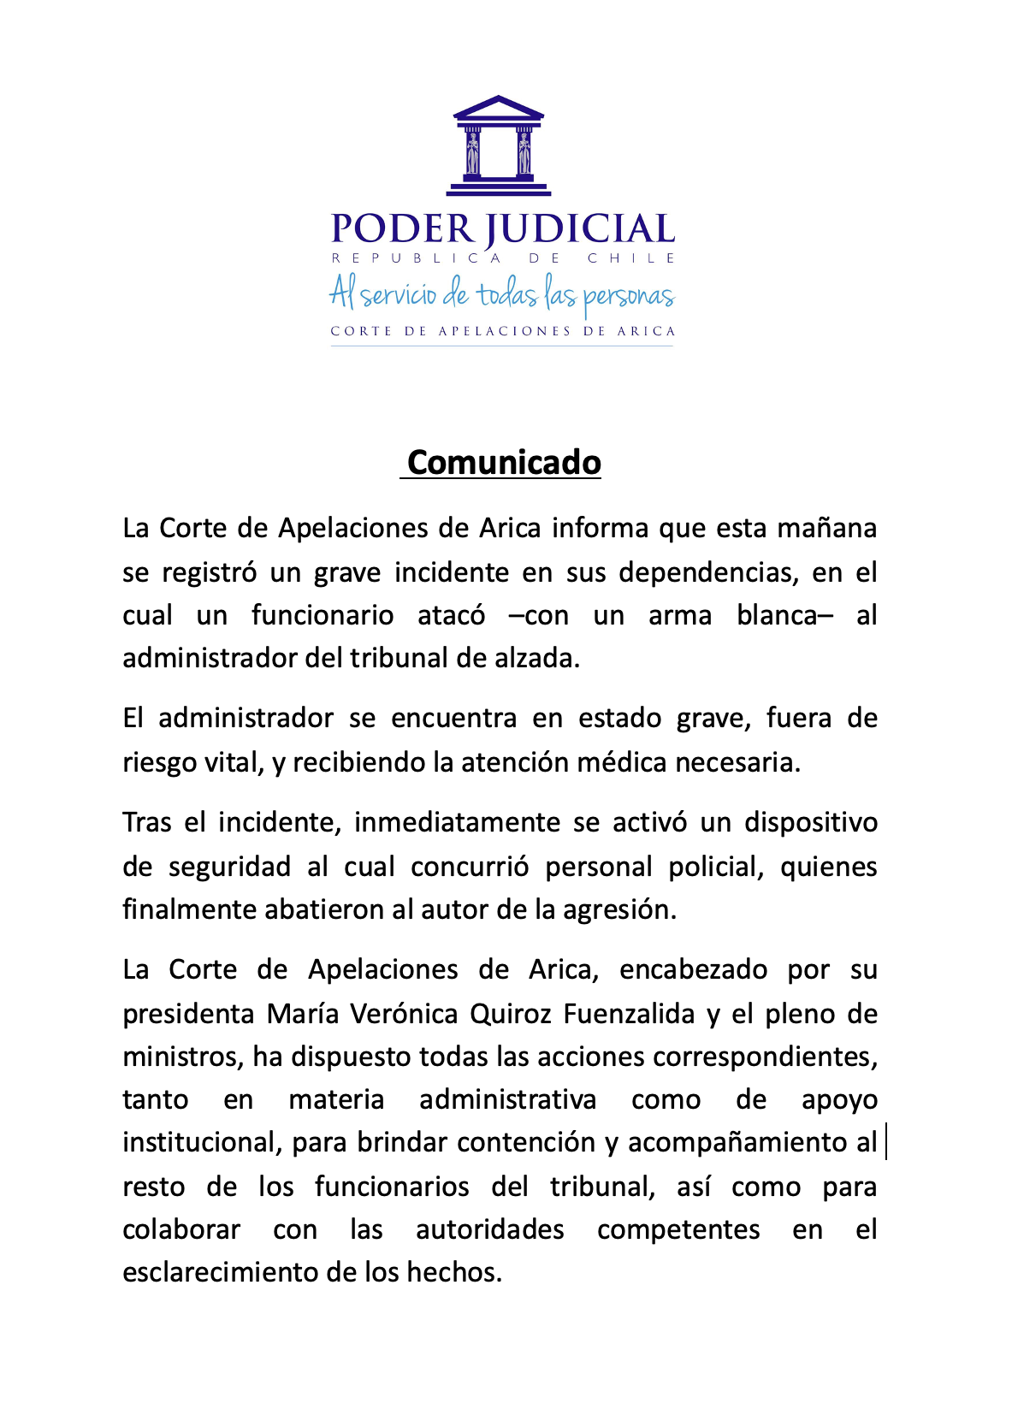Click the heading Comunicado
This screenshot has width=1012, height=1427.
click(x=504, y=462)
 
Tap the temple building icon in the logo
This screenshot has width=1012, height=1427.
click(x=499, y=145)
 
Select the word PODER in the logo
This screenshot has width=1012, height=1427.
click(x=402, y=229)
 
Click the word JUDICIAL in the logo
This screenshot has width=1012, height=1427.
click(x=581, y=229)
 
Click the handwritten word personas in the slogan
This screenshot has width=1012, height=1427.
click(x=629, y=297)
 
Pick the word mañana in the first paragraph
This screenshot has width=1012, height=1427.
click(x=826, y=528)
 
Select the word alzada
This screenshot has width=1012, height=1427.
click(x=539, y=658)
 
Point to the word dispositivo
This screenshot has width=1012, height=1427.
click(x=811, y=822)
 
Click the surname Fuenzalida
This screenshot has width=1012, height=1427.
click(x=629, y=1014)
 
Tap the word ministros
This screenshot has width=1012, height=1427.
click(x=182, y=1057)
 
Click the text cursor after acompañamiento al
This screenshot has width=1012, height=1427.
click(x=886, y=1142)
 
